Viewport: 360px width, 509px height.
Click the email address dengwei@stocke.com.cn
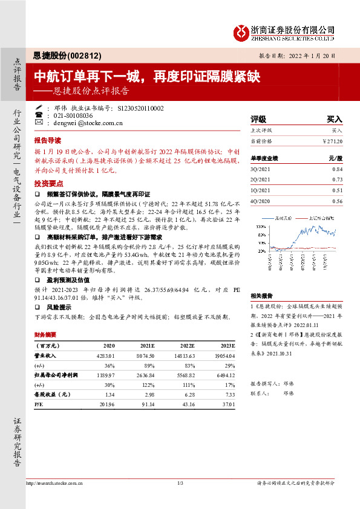(80, 123)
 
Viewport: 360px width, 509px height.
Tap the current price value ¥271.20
(332, 141)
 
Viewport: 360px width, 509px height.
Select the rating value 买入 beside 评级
(334, 120)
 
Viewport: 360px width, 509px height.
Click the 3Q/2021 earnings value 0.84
(337, 169)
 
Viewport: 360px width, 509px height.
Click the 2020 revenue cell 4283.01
(105, 355)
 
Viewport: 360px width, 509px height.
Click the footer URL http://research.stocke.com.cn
(56, 483)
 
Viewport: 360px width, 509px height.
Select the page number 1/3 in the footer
(180, 483)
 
